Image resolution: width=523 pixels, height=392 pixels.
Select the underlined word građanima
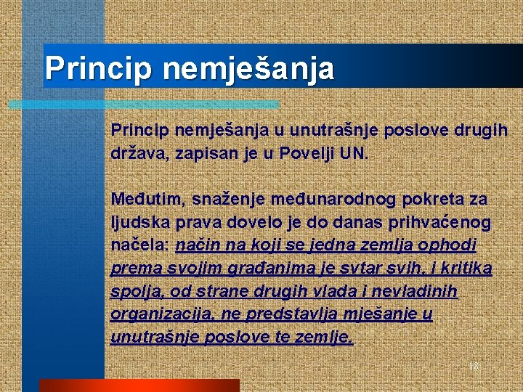click(223, 269)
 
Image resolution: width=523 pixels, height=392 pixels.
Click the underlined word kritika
click(466, 269)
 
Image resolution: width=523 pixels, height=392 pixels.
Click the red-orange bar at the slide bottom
click(139, 385)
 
